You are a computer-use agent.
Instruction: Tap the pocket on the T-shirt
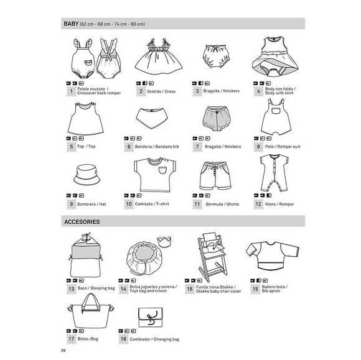(x=164, y=170)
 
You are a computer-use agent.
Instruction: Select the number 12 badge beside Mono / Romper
(x=258, y=204)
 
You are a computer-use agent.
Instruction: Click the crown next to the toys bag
(x=164, y=241)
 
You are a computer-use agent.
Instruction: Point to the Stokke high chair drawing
(x=212, y=257)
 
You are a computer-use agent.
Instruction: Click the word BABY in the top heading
(x=71, y=24)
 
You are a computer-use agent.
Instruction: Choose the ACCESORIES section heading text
(x=82, y=222)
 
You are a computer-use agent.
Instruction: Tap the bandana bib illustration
(x=151, y=118)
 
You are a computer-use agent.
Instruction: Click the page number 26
(x=63, y=351)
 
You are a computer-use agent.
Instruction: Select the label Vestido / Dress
(x=161, y=91)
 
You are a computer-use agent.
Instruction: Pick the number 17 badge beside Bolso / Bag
(x=71, y=339)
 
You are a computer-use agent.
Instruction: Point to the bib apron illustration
(x=273, y=256)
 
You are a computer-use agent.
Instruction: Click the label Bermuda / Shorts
(x=222, y=204)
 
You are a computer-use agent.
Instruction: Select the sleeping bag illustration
(x=86, y=255)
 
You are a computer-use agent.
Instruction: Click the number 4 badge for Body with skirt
(x=258, y=91)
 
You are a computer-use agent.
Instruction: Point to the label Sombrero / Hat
(x=91, y=204)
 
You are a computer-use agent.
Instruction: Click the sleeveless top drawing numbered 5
(x=85, y=119)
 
